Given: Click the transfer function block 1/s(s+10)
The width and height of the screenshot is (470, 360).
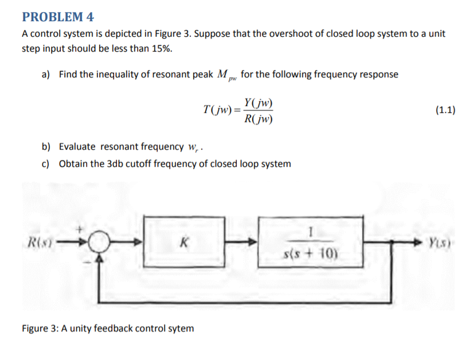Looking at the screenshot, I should click(310, 241).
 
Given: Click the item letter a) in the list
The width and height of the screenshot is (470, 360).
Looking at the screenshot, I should click(46, 75).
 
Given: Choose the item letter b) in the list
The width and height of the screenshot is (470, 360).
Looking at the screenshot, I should click(46, 147).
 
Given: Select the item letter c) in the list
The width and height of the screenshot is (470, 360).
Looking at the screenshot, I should click(46, 164).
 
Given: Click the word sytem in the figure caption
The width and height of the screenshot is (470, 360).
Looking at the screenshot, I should click(180, 328).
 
